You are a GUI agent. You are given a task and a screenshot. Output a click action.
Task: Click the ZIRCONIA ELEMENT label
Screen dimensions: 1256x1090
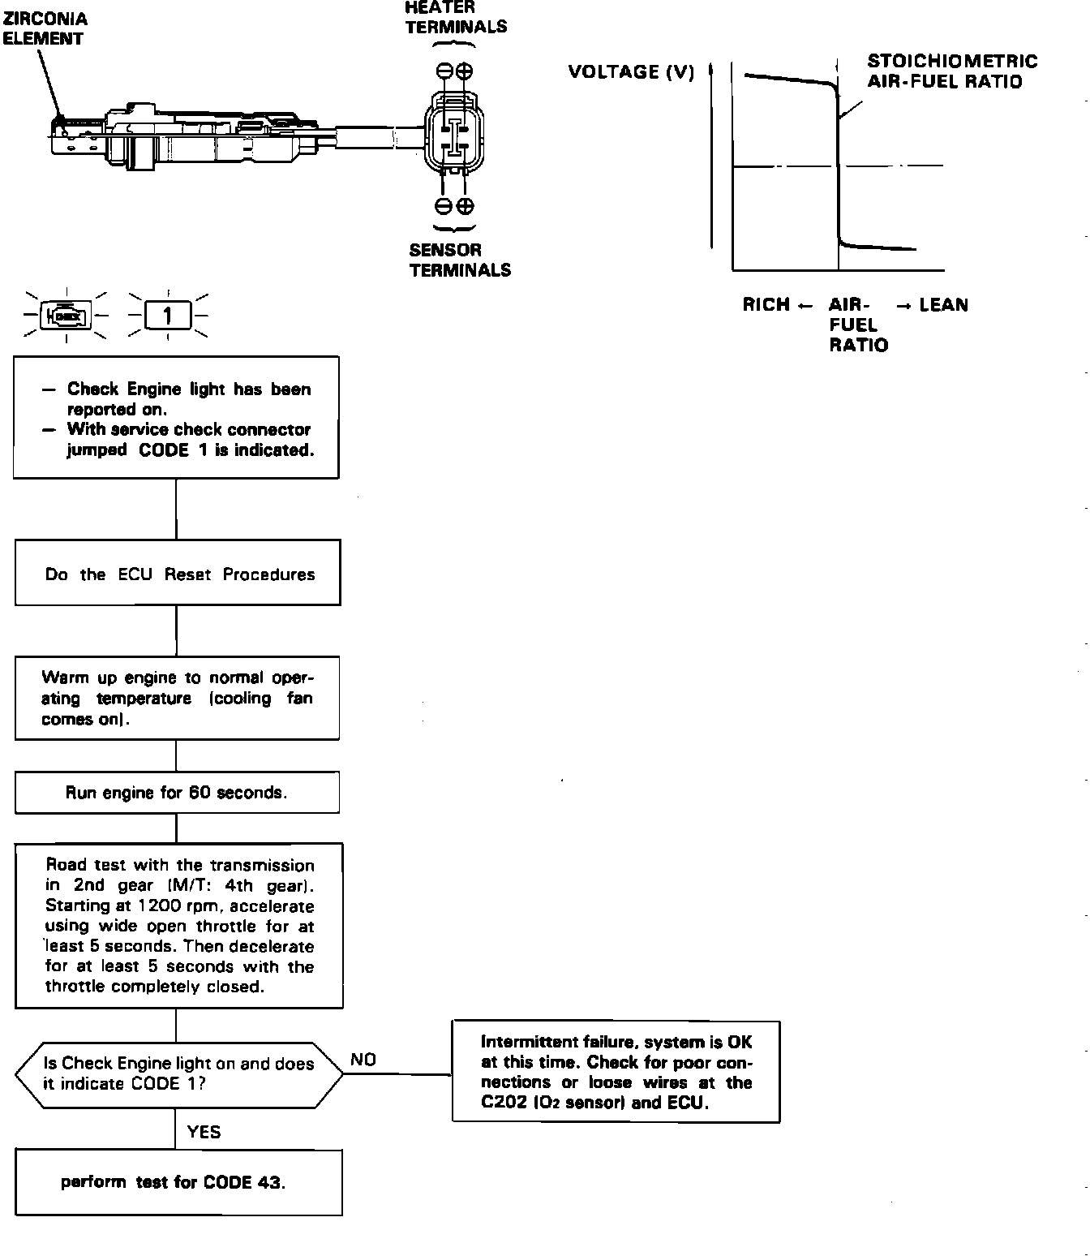coord(45,28)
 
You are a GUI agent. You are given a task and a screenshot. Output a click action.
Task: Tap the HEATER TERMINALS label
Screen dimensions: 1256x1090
coord(456,18)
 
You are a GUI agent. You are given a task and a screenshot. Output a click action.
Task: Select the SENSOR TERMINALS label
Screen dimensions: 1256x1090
coord(460,260)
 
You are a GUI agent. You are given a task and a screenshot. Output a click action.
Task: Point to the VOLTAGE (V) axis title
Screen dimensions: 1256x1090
coord(631,72)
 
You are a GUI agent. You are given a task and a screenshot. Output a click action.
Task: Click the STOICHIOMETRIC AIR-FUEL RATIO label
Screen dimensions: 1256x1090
coord(951,71)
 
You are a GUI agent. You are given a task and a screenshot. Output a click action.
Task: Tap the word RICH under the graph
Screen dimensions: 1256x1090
coord(766,305)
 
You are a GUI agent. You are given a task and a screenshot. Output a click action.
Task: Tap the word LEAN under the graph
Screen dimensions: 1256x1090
coord(943,305)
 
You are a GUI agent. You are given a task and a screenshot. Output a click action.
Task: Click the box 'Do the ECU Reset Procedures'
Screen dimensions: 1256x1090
coord(178,573)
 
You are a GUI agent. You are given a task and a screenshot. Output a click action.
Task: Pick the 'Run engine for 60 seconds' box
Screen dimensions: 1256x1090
coord(177,793)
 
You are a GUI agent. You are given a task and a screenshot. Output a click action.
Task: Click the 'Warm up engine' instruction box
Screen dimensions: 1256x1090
coord(177,698)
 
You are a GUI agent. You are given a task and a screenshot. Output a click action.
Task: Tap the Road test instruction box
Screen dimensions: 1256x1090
coord(179,926)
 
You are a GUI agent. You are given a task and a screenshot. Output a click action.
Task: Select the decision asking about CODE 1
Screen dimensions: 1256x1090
coord(178,1074)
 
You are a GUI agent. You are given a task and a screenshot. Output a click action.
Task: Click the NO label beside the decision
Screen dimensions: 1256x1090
coord(363,1060)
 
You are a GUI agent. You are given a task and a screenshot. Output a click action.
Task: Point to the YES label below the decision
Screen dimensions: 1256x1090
coord(204,1132)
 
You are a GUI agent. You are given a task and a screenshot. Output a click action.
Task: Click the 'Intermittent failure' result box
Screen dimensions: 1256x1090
coord(616,1072)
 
